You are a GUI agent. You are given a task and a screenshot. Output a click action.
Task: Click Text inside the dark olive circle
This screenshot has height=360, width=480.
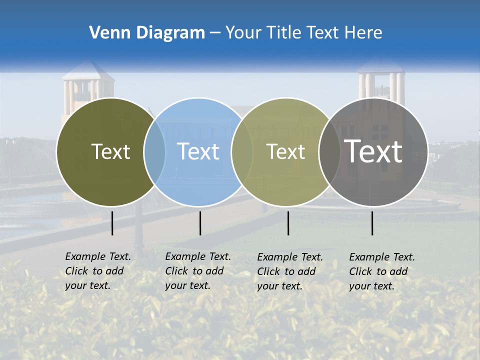(x=110, y=151)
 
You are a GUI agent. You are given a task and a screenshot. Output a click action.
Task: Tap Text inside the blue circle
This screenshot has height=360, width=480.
(x=198, y=151)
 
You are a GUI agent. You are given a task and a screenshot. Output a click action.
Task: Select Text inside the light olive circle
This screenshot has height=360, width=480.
(x=285, y=151)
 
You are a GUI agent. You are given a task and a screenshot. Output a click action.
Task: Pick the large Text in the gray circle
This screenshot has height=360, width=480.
(x=373, y=151)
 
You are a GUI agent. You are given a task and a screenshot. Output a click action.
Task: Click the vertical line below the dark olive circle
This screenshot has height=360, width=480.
(x=112, y=223)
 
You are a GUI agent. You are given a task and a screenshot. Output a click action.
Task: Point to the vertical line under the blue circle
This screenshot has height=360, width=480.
(x=200, y=223)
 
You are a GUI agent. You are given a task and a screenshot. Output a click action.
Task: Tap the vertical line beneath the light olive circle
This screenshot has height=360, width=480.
(x=288, y=223)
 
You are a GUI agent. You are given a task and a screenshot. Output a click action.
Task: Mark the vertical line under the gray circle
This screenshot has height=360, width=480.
(x=372, y=223)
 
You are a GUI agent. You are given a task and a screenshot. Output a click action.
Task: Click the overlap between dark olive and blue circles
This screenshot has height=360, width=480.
(x=154, y=151)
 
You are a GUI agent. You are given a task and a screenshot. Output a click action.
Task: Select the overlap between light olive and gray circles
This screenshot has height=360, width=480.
(x=329, y=151)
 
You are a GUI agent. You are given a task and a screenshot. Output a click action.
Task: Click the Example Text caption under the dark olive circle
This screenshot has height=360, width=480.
(x=97, y=271)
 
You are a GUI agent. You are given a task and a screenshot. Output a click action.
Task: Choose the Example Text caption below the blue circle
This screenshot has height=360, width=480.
(x=197, y=271)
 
